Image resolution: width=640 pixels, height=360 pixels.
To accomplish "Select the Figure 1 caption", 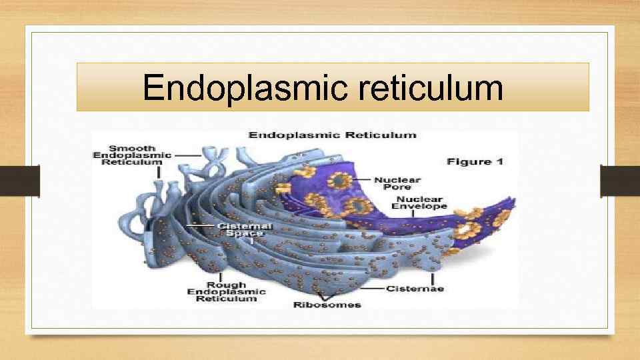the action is tap(474, 162).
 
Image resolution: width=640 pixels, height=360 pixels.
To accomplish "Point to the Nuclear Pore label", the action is tap(397, 183).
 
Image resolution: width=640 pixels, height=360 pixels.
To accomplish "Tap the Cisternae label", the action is tap(416, 289).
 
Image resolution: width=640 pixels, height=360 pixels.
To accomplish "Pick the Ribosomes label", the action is tap(327, 305).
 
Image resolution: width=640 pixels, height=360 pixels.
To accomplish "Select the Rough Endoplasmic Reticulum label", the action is tap(226, 292).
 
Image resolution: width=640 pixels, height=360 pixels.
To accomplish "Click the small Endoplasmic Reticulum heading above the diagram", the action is tap(333, 135).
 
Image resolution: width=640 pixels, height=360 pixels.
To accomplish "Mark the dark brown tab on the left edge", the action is tap(19, 181).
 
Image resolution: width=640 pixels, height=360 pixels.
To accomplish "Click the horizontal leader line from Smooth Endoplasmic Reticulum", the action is tap(188, 155).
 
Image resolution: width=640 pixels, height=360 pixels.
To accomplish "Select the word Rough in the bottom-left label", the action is tap(226, 285).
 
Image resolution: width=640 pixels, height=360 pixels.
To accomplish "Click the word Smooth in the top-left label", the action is tap(132, 148).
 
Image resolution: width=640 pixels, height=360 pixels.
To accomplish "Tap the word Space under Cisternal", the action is tap(240, 233).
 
